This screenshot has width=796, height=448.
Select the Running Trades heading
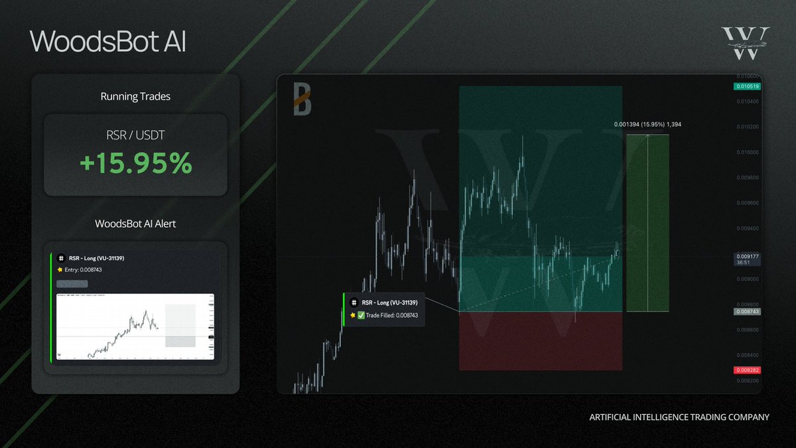(x=135, y=96)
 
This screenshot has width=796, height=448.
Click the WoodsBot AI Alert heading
(x=135, y=224)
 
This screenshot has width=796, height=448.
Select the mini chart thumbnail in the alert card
(x=135, y=326)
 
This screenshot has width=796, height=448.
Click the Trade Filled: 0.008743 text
(x=392, y=315)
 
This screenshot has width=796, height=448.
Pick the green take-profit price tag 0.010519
(x=746, y=86)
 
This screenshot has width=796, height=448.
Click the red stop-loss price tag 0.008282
(x=746, y=369)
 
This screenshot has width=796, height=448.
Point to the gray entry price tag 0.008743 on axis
(x=746, y=311)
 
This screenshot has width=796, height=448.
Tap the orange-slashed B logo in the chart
(x=302, y=100)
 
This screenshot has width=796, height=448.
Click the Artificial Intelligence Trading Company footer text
(x=679, y=417)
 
